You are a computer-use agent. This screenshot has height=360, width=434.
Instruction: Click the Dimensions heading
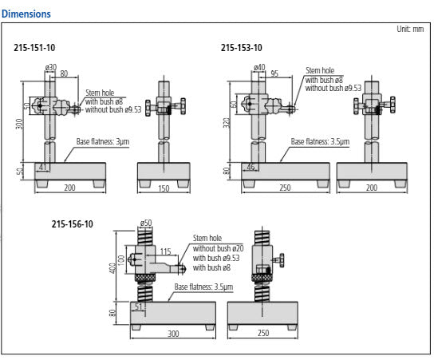[x=26, y=14]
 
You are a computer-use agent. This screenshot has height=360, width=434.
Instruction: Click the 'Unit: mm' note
[x=410, y=29]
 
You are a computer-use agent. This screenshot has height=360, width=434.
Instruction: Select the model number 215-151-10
[x=34, y=48]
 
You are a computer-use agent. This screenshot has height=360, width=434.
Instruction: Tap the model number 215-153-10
[x=241, y=48]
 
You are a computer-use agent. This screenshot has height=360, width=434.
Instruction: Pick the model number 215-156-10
[x=72, y=224]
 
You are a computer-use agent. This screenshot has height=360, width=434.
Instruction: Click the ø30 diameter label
[x=50, y=67]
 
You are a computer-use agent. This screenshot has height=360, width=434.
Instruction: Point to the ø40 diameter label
[x=259, y=67]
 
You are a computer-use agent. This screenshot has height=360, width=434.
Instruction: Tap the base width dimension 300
[x=173, y=333]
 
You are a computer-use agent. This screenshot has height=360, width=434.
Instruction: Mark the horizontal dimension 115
[x=166, y=252]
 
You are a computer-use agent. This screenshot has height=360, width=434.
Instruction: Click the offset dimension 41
[x=44, y=166]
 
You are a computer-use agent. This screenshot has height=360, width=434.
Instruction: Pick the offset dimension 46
[x=251, y=166]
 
